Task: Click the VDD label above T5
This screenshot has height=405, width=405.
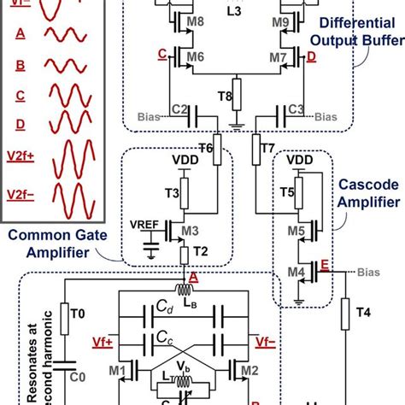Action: pyautogui.click(x=300, y=160)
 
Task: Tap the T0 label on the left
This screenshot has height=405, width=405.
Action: pyautogui.click(x=77, y=313)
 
